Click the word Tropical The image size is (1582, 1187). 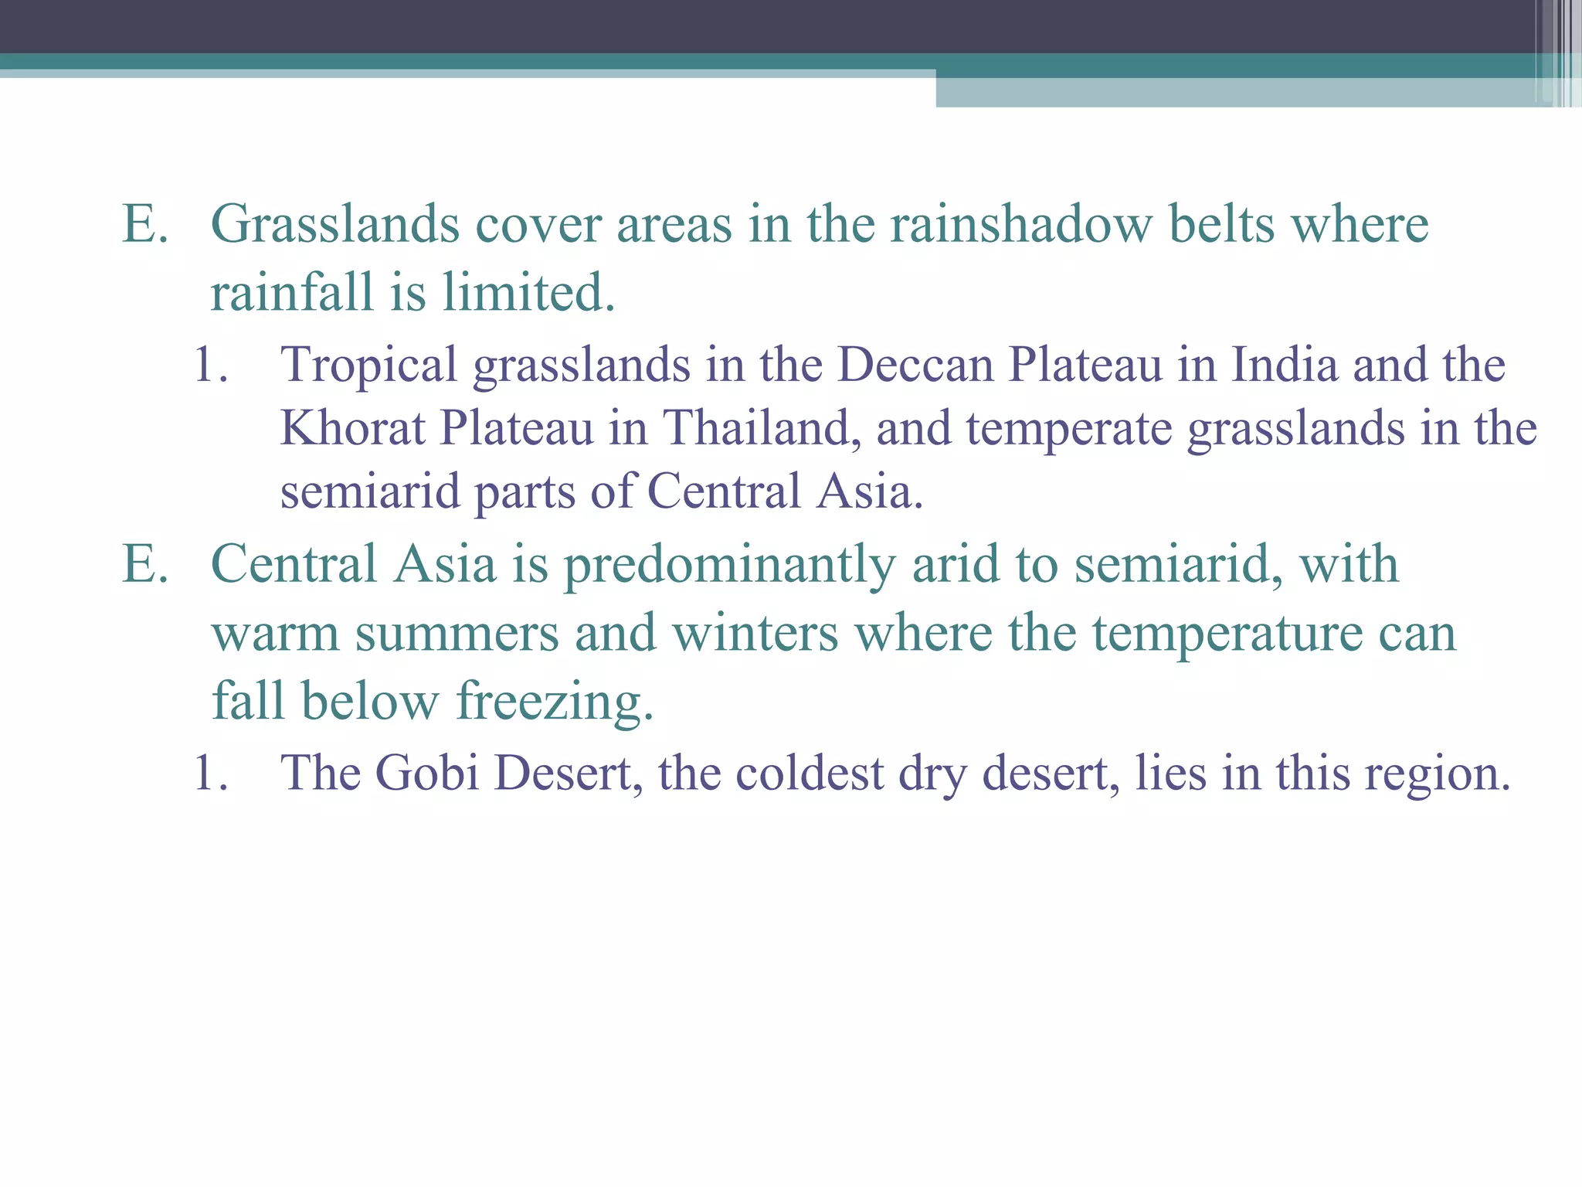click(369, 365)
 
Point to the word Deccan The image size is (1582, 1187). click(915, 364)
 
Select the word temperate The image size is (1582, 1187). click(1069, 429)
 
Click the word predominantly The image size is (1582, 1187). click(730, 565)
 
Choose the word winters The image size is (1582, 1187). click(755, 634)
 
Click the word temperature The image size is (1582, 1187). click(1227, 634)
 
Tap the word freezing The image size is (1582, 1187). click(555, 702)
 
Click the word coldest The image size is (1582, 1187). click(810, 772)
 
